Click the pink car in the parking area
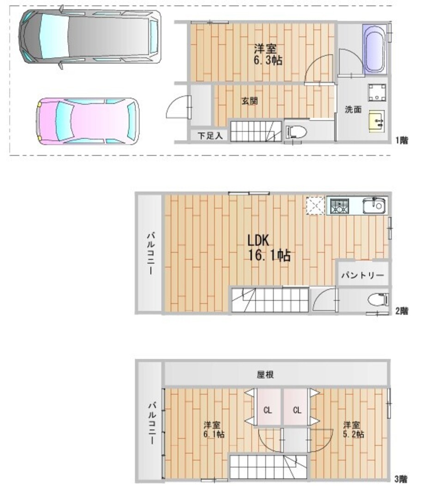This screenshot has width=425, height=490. pos(88,121)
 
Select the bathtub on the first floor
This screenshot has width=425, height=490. pos(374,50)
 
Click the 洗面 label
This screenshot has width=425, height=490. pos(353,109)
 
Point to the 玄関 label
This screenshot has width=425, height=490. pos(249,101)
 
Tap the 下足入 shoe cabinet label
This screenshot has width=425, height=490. pos(210,136)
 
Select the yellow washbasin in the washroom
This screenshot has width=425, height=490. pos(377,121)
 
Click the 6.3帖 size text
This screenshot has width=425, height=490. pos(268,60)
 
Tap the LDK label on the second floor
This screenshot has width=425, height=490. pos(258,240)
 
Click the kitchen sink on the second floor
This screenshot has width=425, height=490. pos(374,206)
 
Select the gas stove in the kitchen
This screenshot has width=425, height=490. pos(340,206)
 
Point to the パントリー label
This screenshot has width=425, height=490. pos(363,275)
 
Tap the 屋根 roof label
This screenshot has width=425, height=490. pos(266,374)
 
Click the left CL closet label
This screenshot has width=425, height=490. pos(268,410)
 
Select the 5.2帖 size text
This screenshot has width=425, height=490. pos(353,434)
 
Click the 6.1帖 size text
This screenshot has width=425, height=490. pos(214,434)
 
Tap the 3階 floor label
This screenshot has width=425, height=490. pos(401,478)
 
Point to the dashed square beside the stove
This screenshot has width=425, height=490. pos(316,206)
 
